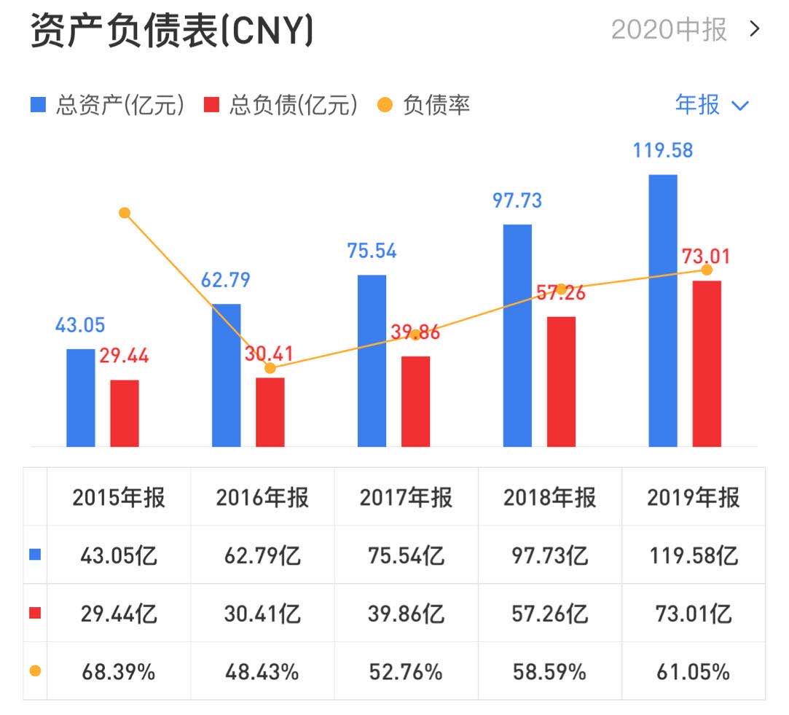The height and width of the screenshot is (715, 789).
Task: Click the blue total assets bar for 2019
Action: click(662, 310)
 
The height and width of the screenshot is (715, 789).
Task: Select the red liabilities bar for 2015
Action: click(125, 413)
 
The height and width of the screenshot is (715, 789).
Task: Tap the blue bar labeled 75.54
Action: click(372, 360)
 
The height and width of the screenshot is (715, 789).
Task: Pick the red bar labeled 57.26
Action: click(561, 381)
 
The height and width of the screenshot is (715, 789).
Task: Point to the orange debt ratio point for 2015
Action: click(125, 213)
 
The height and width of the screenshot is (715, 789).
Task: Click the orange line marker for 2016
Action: click(270, 368)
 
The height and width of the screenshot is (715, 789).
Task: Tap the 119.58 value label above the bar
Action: click(662, 151)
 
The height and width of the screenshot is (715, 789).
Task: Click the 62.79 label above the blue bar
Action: click(226, 281)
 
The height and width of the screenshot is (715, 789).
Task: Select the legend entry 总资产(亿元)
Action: click(107, 105)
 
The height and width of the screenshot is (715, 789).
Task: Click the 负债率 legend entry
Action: click(424, 105)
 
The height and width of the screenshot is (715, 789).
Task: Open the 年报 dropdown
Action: click(711, 105)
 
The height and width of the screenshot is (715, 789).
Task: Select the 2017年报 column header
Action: click(406, 498)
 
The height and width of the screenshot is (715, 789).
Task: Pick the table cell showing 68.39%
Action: click(118, 671)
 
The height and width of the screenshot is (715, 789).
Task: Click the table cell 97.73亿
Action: click(549, 556)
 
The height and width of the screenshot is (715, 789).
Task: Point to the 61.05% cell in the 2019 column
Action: click(693, 671)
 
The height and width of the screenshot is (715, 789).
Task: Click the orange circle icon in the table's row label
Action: click(35, 671)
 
